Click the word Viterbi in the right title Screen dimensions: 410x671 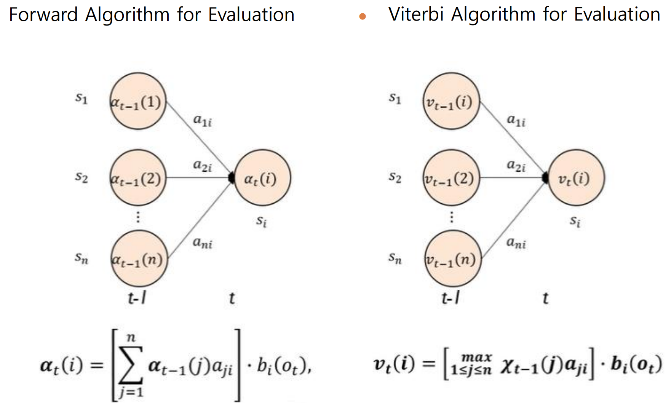coord(417,15)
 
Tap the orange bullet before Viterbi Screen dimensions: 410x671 coord(363,16)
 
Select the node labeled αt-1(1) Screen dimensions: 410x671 coord(138,102)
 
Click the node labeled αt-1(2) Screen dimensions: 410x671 coord(138,178)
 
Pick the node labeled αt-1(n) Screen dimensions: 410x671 coord(139,259)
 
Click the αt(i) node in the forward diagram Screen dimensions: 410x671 coord(262,178)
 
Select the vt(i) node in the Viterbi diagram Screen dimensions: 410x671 coord(575,178)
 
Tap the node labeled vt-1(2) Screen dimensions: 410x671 coord(452,178)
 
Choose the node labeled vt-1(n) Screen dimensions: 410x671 coord(452,259)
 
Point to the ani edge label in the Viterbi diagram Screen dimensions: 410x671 coord(516,242)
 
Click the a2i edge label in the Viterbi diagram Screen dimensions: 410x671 coord(516,166)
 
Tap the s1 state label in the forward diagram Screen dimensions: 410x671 coord(81,99)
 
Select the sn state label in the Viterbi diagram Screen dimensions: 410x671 coord(395,258)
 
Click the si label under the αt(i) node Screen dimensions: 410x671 coord(261,221)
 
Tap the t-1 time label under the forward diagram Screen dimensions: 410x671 coord(137,298)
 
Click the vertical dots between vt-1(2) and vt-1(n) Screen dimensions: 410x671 coord(452,217)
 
